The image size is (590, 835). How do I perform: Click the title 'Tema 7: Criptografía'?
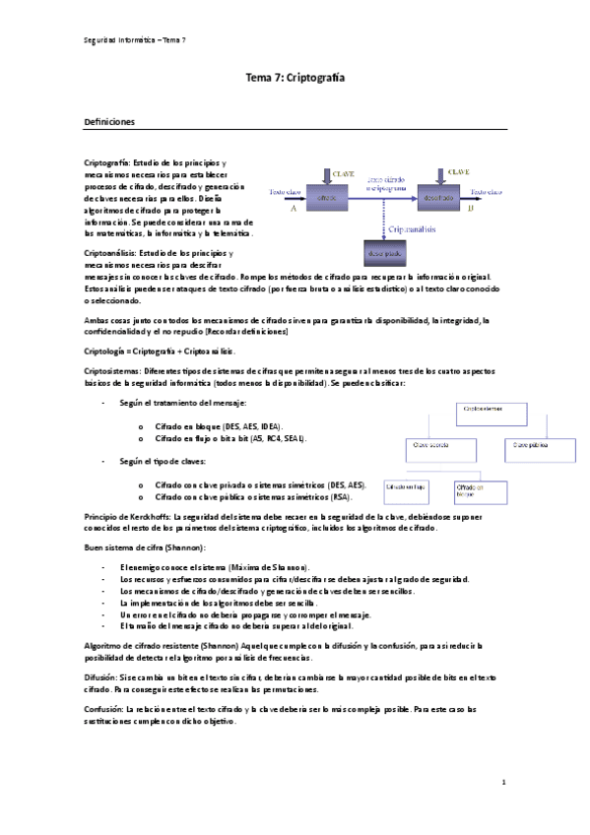click(x=295, y=76)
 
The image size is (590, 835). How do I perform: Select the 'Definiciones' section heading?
click(x=116, y=122)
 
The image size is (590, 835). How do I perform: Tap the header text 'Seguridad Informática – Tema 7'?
click(x=135, y=38)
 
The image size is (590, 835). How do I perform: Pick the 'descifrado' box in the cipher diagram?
click(x=439, y=197)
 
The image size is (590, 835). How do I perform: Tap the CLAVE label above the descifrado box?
click(x=459, y=171)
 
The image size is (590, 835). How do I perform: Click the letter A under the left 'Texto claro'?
click(x=294, y=209)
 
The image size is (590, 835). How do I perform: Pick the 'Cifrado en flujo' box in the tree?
click(x=409, y=486)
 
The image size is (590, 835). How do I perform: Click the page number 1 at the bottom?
click(x=504, y=783)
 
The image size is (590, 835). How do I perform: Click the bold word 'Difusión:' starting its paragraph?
click(x=101, y=678)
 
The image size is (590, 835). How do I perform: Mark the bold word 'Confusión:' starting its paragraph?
click(x=104, y=708)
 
